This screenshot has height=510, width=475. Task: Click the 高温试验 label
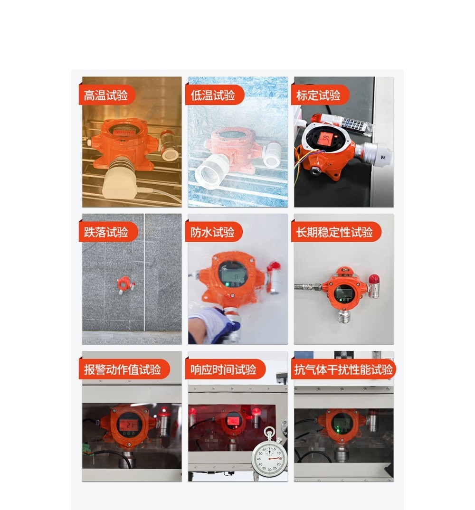[x=106, y=95]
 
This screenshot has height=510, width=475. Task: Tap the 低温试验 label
[x=213, y=95]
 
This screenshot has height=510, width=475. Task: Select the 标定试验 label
[x=318, y=95]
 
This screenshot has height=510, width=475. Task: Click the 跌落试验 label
[x=106, y=232]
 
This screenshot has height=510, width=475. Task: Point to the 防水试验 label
[x=213, y=232]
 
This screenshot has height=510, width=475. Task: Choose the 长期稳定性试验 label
[x=335, y=232]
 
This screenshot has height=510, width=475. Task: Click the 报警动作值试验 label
[x=123, y=369]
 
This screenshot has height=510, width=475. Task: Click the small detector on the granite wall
[x=124, y=283]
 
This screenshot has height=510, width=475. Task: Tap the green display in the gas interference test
[x=342, y=423]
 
